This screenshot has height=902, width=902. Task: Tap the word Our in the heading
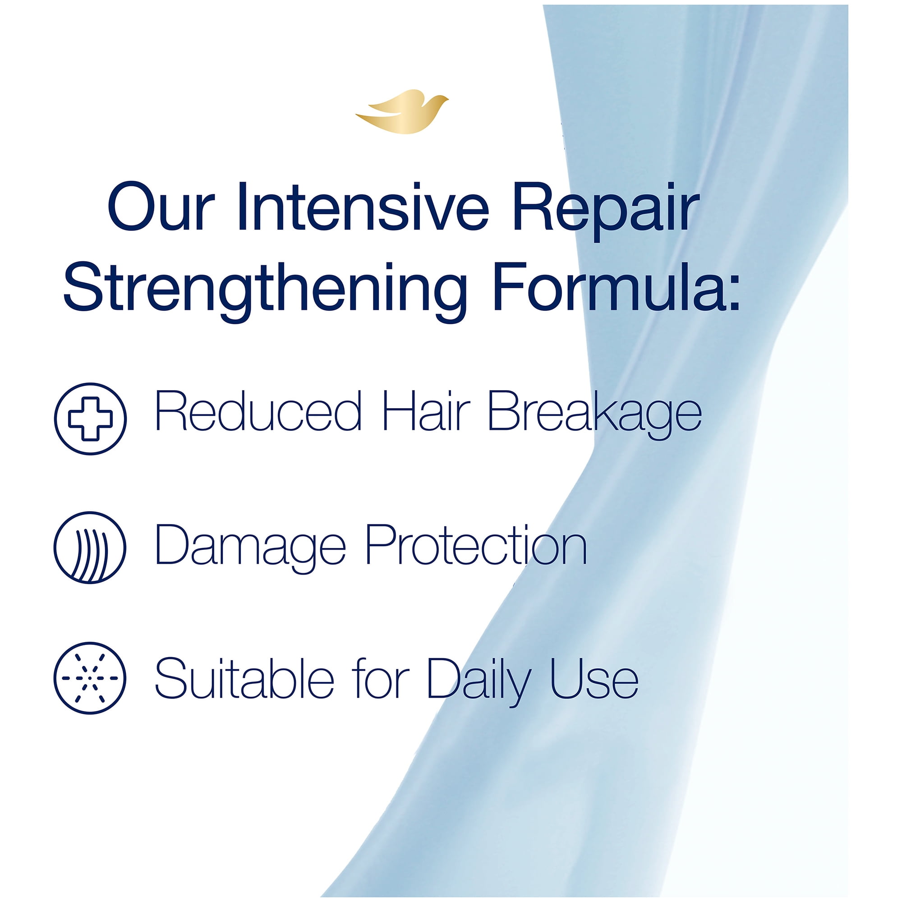coord(161,207)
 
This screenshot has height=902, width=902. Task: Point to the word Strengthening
coord(265,292)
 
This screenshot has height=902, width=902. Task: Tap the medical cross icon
coord(90,419)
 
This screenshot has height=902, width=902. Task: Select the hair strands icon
coord(90,548)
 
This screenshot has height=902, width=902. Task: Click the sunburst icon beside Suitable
coord(90,678)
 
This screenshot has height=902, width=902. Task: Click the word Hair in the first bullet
coord(426,411)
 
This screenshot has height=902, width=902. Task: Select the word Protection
coord(476,544)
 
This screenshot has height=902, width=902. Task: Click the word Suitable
coord(244,677)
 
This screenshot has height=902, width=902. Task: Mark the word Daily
coord(479,682)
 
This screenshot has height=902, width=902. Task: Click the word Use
coord(594,678)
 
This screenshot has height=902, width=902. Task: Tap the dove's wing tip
coord(356,115)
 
